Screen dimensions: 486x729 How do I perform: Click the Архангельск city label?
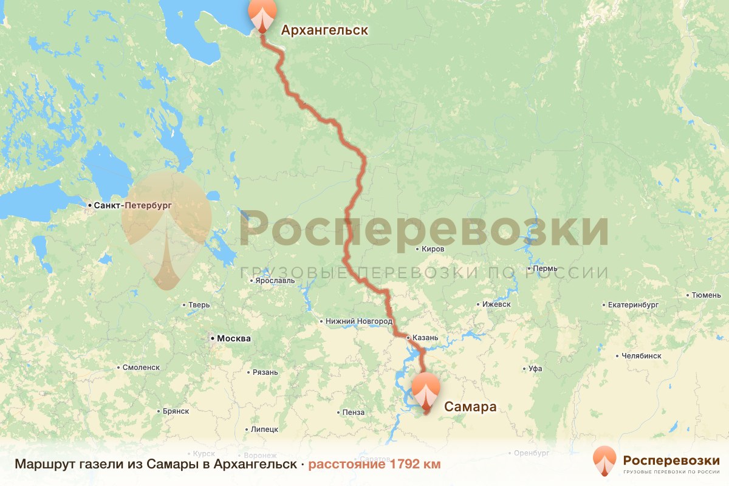324,30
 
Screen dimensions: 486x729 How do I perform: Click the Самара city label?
470,406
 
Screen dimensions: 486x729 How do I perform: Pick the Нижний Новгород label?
359,321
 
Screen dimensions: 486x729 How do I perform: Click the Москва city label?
233,338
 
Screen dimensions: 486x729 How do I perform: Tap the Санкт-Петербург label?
133,205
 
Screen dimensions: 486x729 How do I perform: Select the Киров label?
433,249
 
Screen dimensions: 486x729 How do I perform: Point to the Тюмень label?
707,295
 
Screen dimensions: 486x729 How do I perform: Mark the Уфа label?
535,368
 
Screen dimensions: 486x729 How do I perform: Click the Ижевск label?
496,304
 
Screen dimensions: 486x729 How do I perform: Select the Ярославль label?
275,281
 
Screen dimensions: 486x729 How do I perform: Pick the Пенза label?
353,412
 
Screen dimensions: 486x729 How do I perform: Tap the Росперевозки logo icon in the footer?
604,461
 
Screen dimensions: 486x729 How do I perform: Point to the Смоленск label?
140,368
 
